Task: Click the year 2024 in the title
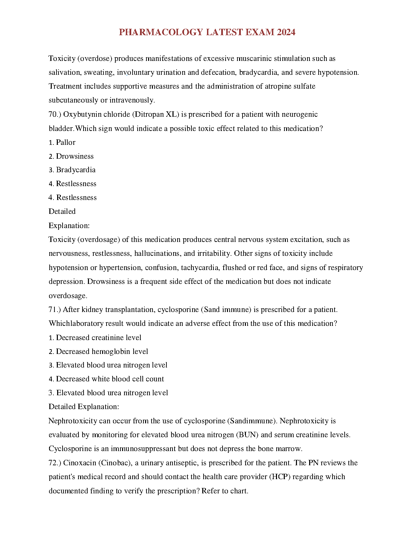[x=286, y=32]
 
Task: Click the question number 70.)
[x=55, y=114]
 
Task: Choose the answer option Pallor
[x=66, y=142]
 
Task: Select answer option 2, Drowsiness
[x=75, y=156]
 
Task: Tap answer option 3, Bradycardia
[x=76, y=170]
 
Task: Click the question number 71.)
[x=55, y=310]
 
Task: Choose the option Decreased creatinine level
[x=98, y=338]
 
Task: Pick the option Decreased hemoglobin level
[x=102, y=352]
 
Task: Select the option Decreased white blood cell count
[x=110, y=379]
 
